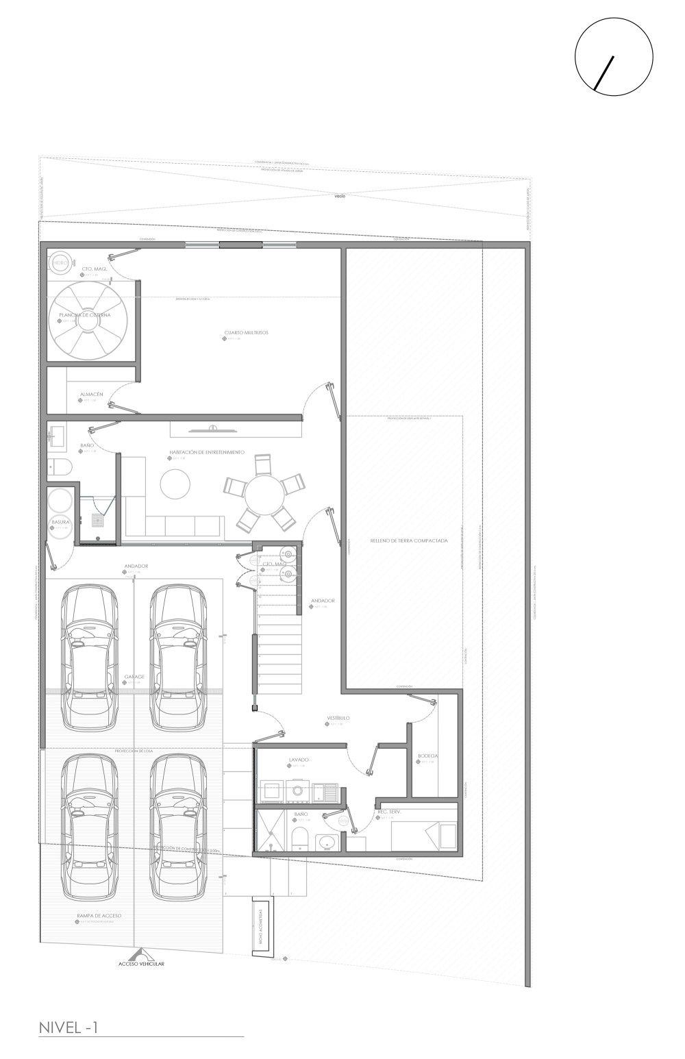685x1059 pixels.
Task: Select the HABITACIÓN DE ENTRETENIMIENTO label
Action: pyautogui.click(x=207, y=453)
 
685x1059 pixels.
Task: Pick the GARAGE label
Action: pyautogui.click(x=134, y=676)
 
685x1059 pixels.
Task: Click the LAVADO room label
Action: pyautogui.click(x=299, y=760)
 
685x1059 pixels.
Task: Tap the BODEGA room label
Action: pyautogui.click(x=427, y=756)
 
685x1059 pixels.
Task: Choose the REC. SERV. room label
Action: pyautogui.click(x=389, y=812)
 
